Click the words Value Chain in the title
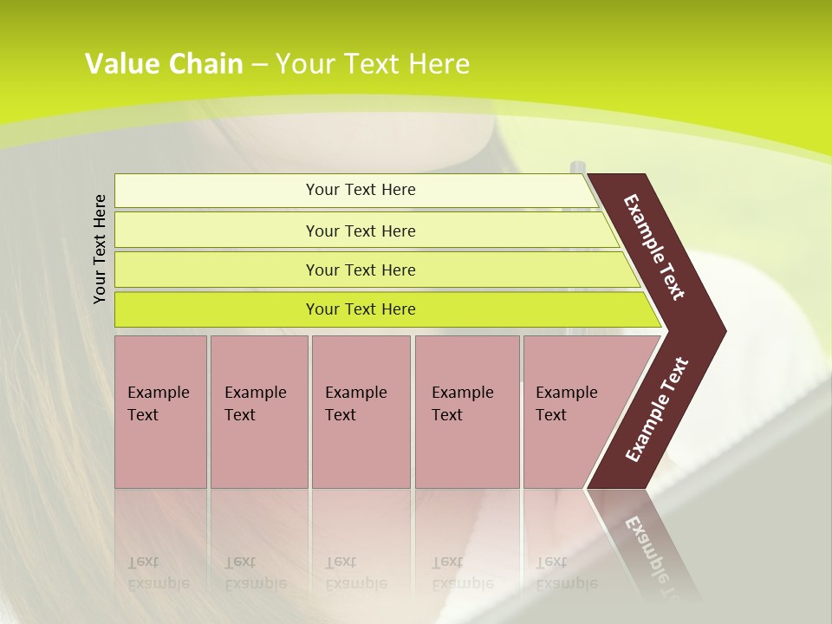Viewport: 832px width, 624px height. tap(164, 63)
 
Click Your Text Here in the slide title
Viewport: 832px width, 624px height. tap(373, 63)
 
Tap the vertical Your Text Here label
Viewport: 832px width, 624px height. tap(100, 249)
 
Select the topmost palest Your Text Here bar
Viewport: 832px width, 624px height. tap(361, 190)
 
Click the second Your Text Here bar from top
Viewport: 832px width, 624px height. tap(361, 231)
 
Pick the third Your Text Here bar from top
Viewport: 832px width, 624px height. tap(361, 270)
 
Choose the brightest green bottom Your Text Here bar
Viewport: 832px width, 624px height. tap(361, 309)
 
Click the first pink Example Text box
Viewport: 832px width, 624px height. tap(160, 411)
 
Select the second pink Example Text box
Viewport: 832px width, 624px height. tap(258, 411)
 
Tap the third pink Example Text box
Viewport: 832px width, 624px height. tap(360, 411)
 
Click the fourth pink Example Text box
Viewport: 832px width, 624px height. tap(466, 411)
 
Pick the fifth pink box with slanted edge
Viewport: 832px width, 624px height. tap(572, 411)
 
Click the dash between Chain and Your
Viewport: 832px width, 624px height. tap(259, 64)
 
